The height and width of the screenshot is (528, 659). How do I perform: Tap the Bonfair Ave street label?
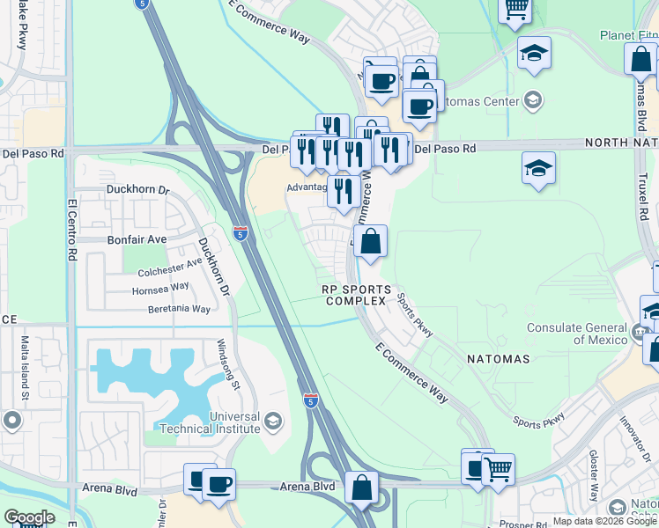click(x=137, y=238)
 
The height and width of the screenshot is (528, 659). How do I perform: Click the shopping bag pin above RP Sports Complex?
click(x=371, y=240)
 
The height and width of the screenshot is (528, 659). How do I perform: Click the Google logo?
click(x=29, y=517)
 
